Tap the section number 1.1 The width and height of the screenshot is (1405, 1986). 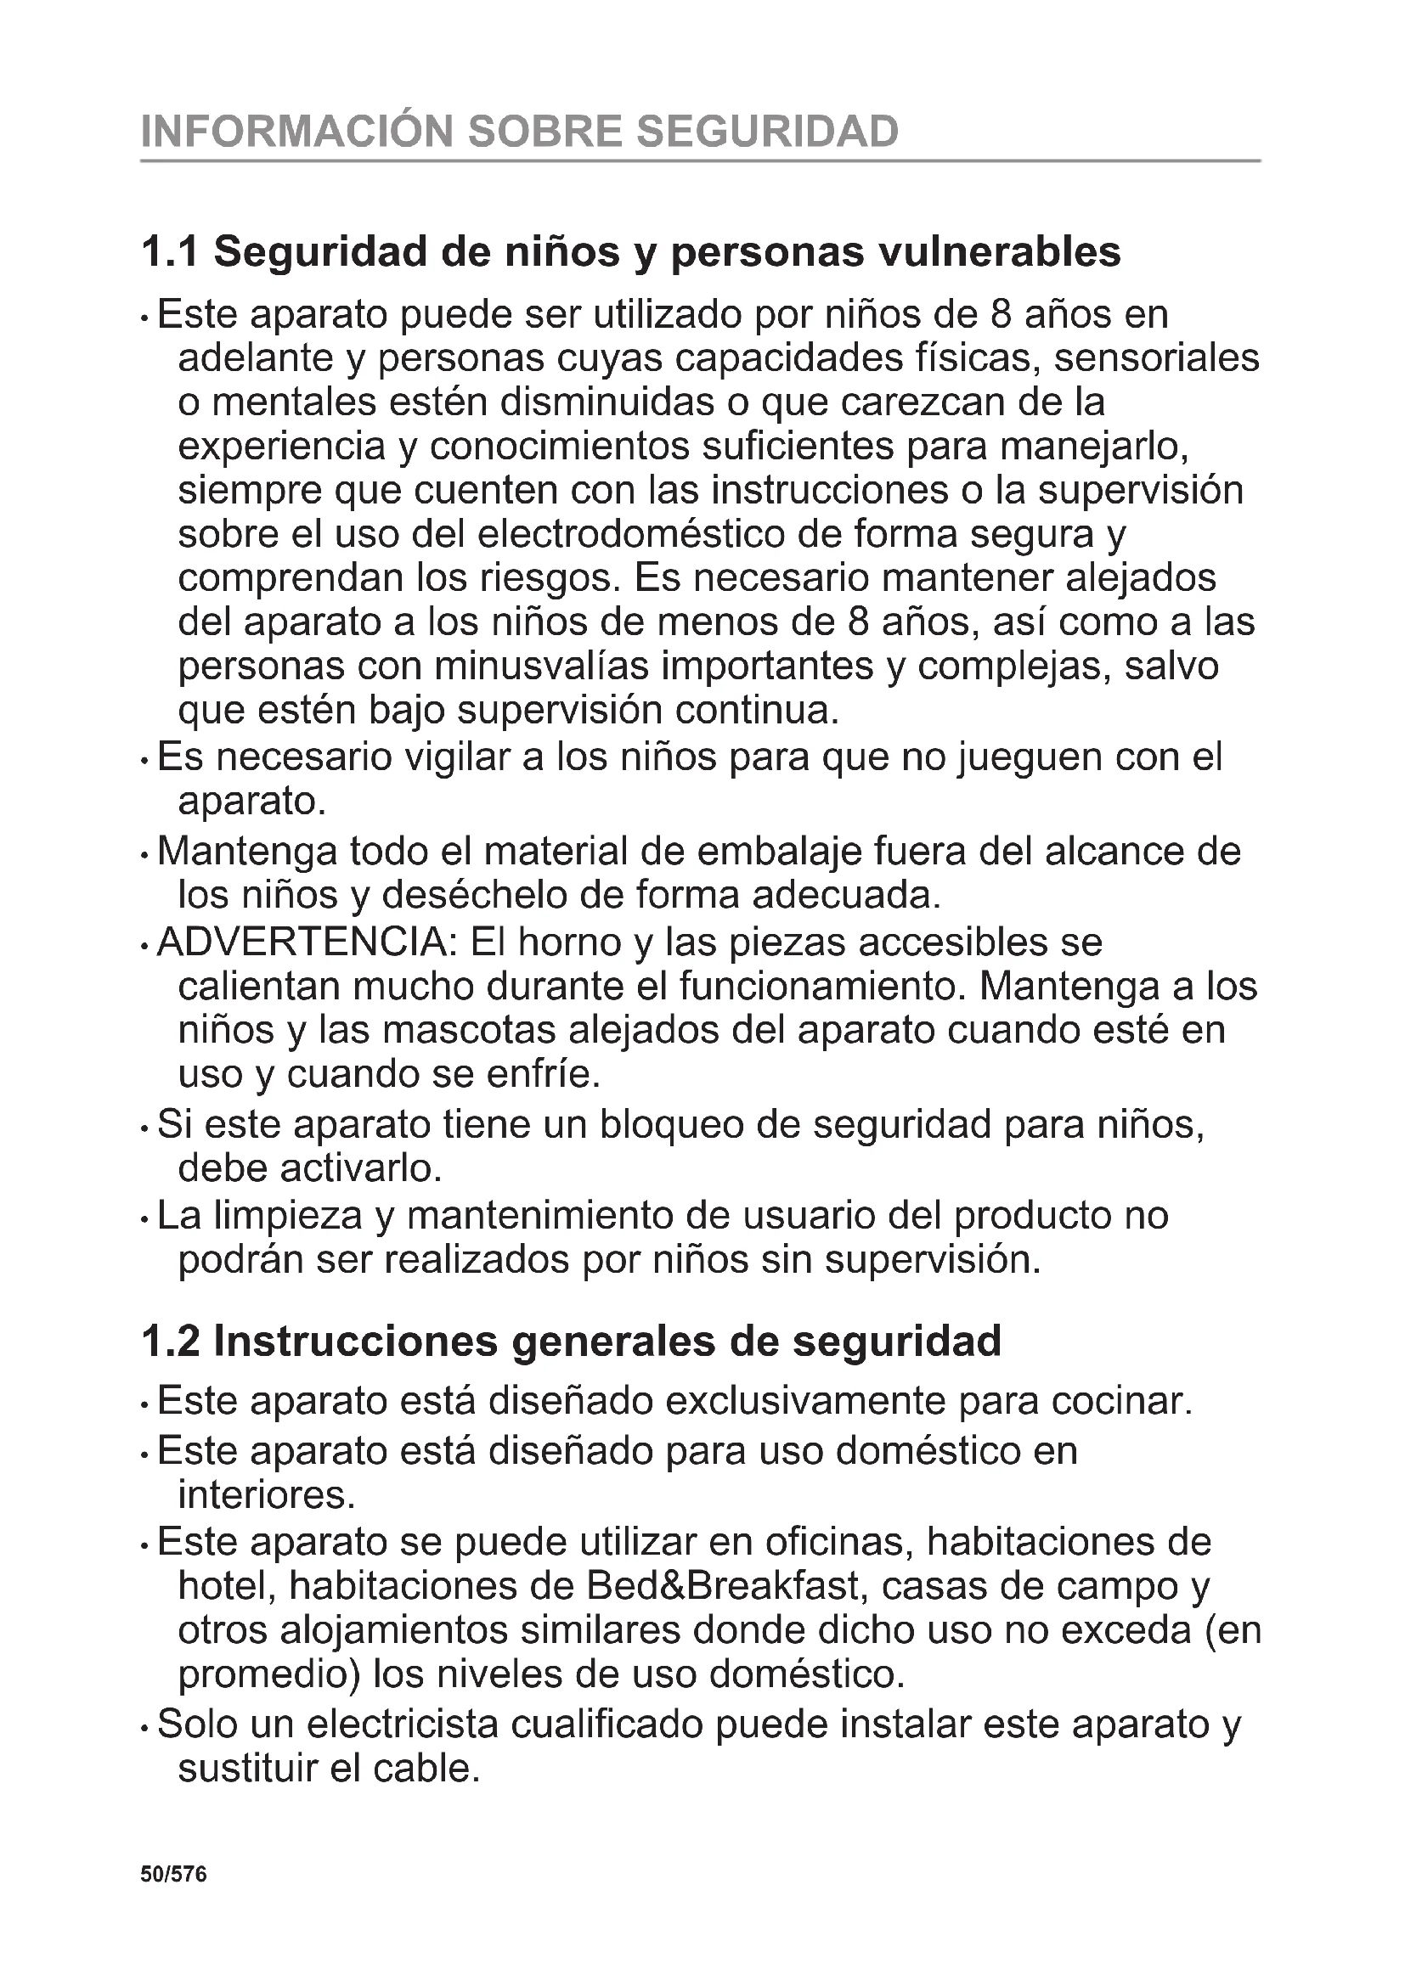pyautogui.click(x=170, y=252)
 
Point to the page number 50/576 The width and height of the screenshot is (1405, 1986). pyautogui.click(x=174, y=1875)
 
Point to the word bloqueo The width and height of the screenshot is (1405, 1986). pyautogui.click(x=670, y=1124)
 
